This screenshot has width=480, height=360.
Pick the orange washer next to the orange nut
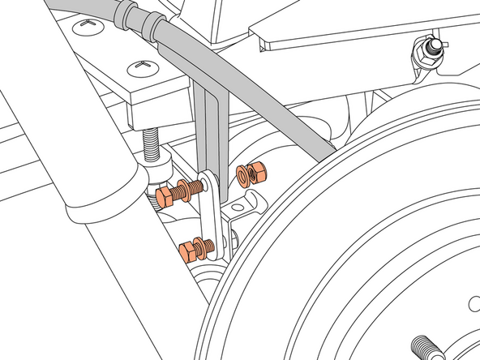point(242,175)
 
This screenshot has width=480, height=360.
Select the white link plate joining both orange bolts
point(208,211)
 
